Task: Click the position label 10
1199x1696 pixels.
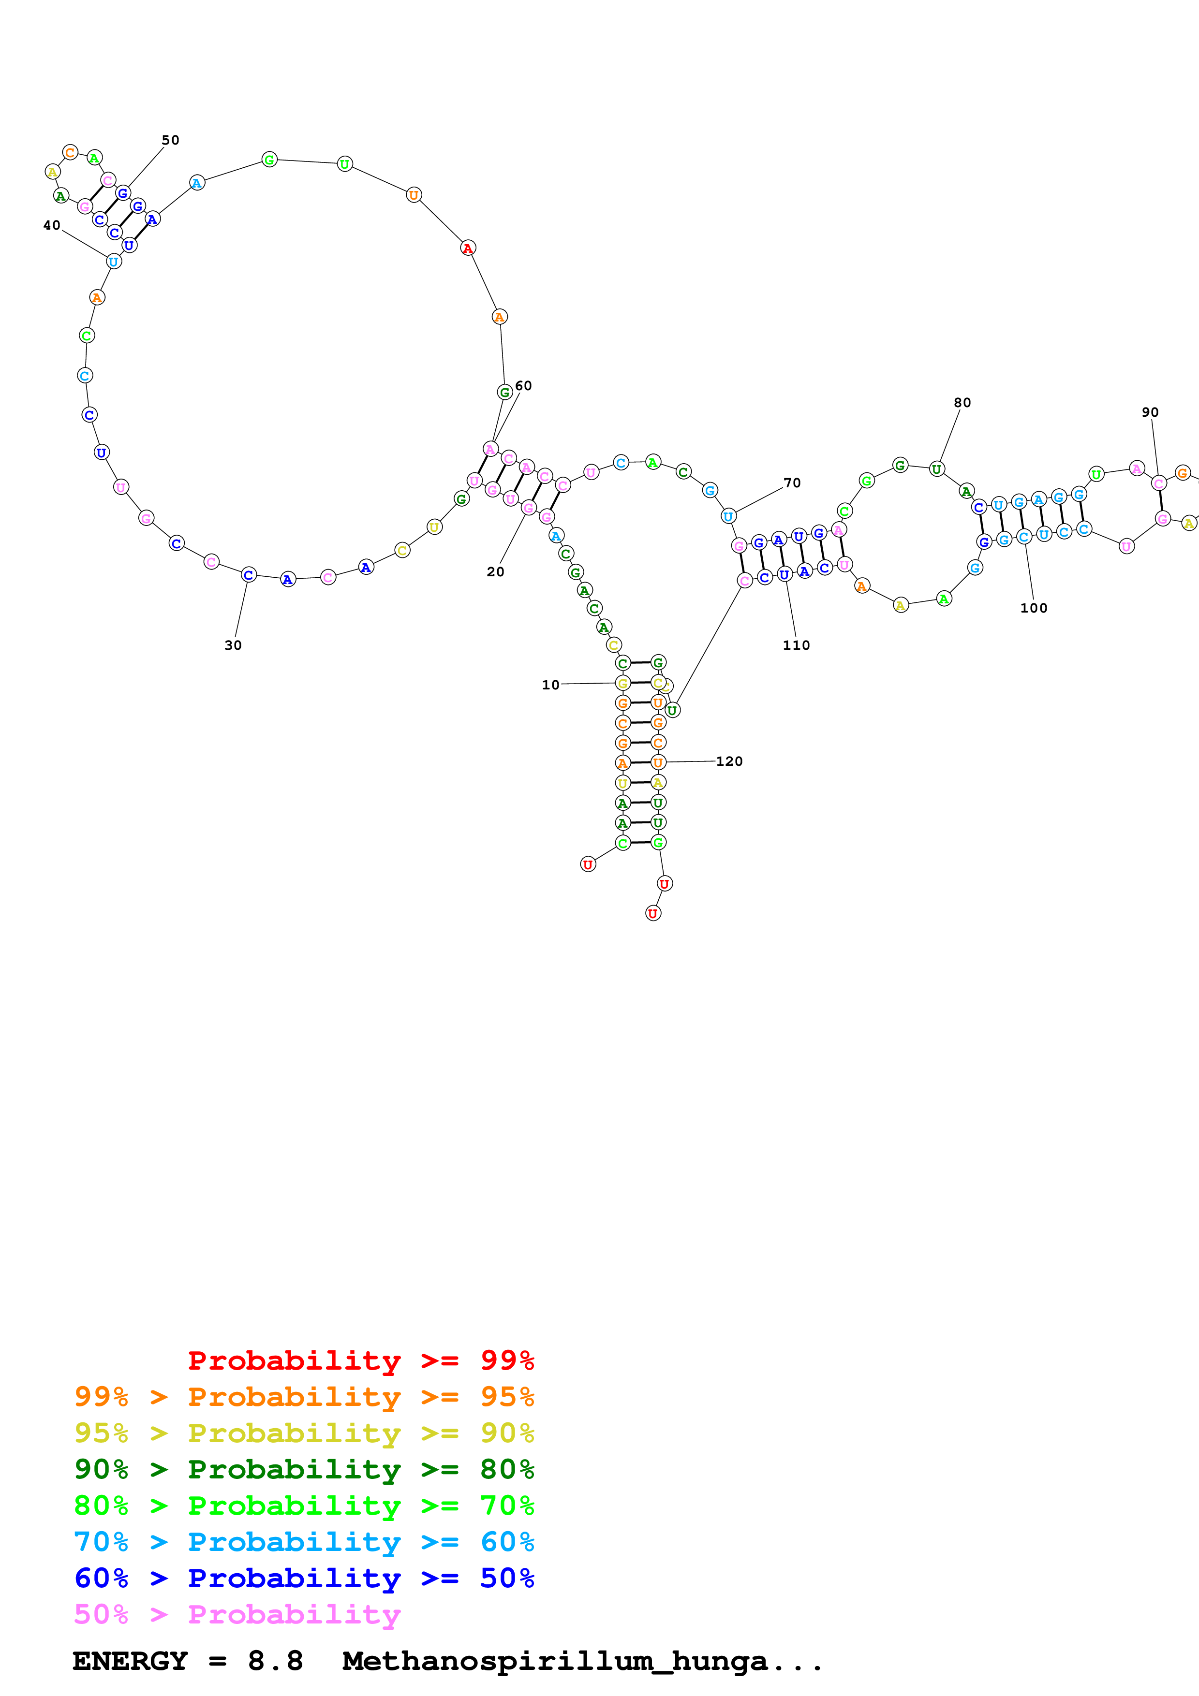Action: coord(550,685)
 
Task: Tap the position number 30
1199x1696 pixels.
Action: coord(233,645)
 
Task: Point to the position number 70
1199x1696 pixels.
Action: coord(792,483)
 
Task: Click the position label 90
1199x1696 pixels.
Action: coord(1150,412)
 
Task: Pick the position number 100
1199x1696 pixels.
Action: coord(1034,608)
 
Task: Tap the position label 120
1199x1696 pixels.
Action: coord(729,761)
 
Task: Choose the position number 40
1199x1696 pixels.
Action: coord(52,225)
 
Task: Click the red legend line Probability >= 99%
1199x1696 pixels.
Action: coord(360,1360)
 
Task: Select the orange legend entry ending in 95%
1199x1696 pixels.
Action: coord(304,1396)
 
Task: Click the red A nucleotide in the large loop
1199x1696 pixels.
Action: coord(468,248)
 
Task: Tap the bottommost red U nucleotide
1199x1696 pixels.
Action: coord(653,914)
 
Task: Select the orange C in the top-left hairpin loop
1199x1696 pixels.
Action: coord(70,153)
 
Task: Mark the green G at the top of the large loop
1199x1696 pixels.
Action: coord(270,160)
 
